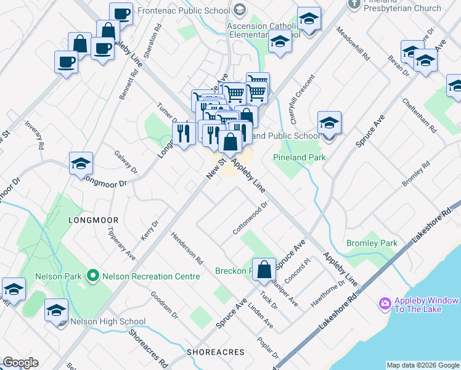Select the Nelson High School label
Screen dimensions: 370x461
tap(108, 321)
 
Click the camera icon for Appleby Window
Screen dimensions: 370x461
tap(385, 303)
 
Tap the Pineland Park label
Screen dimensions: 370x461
tap(299, 158)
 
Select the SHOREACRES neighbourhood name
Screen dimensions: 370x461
tap(216, 352)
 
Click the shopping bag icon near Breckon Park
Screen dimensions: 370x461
tap(264, 270)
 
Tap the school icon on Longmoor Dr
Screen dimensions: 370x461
tap(81, 164)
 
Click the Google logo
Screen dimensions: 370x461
tap(20, 363)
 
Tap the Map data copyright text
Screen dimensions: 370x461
tap(423, 365)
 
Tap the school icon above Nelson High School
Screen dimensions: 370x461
tap(57, 311)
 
